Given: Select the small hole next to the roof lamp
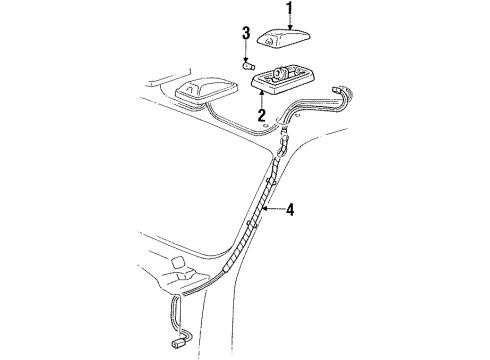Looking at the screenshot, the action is [222, 123].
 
